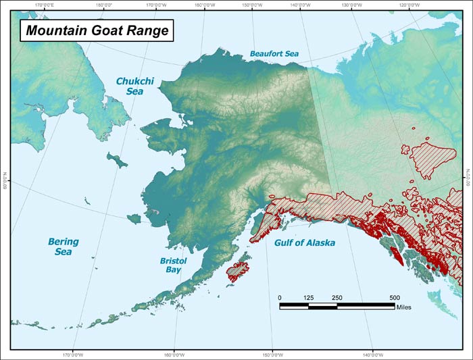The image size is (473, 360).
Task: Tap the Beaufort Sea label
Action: (x=274, y=53)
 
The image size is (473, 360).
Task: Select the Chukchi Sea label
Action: (x=135, y=86)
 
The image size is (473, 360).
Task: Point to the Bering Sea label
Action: (x=63, y=247)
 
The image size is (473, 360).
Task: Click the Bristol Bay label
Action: (x=173, y=265)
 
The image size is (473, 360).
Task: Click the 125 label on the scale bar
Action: (x=308, y=298)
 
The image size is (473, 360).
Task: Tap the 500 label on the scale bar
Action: (x=395, y=298)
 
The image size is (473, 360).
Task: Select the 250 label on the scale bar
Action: (x=337, y=298)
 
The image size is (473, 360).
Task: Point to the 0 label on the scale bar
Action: (x=280, y=298)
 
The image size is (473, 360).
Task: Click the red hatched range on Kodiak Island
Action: (x=237, y=272)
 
